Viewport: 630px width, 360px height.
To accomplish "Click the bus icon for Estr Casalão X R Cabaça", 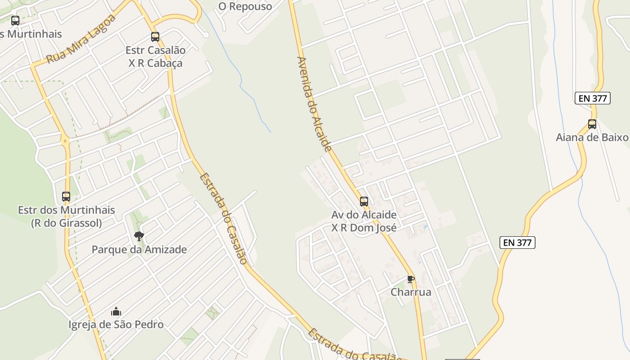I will point(155,37).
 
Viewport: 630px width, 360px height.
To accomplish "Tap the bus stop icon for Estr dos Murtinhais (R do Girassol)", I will point(66,197).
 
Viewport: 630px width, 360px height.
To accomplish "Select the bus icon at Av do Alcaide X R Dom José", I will point(364,202).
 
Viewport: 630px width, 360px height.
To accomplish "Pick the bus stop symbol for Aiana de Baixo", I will point(592,124).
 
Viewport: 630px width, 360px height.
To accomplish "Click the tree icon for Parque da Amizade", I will point(139,236).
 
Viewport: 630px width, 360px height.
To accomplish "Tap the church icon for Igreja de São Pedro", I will point(116,311).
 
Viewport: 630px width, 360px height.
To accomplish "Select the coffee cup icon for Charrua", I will point(410,279).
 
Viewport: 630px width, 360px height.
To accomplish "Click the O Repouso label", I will point(245,6).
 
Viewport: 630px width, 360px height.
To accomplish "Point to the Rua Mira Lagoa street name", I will point(81,39).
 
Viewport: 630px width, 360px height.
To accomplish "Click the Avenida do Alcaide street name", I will point(314,103).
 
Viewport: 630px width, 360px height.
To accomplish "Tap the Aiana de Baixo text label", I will point(592,137).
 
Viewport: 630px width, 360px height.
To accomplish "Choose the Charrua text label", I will point(411,292).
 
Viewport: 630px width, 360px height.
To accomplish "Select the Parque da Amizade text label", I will point(139,249).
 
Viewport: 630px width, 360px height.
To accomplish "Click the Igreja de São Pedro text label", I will point(116,324).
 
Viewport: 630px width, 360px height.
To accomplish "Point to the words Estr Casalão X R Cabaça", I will point(155,56).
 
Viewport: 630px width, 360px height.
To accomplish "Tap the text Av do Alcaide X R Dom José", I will point(364,221).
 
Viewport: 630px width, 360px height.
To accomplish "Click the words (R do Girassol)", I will point(66,223).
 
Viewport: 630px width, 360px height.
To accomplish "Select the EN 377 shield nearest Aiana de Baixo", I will point(592,98).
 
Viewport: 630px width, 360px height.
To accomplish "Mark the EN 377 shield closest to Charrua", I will point(517,243).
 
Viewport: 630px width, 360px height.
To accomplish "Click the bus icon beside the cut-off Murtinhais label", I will point(15,21).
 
